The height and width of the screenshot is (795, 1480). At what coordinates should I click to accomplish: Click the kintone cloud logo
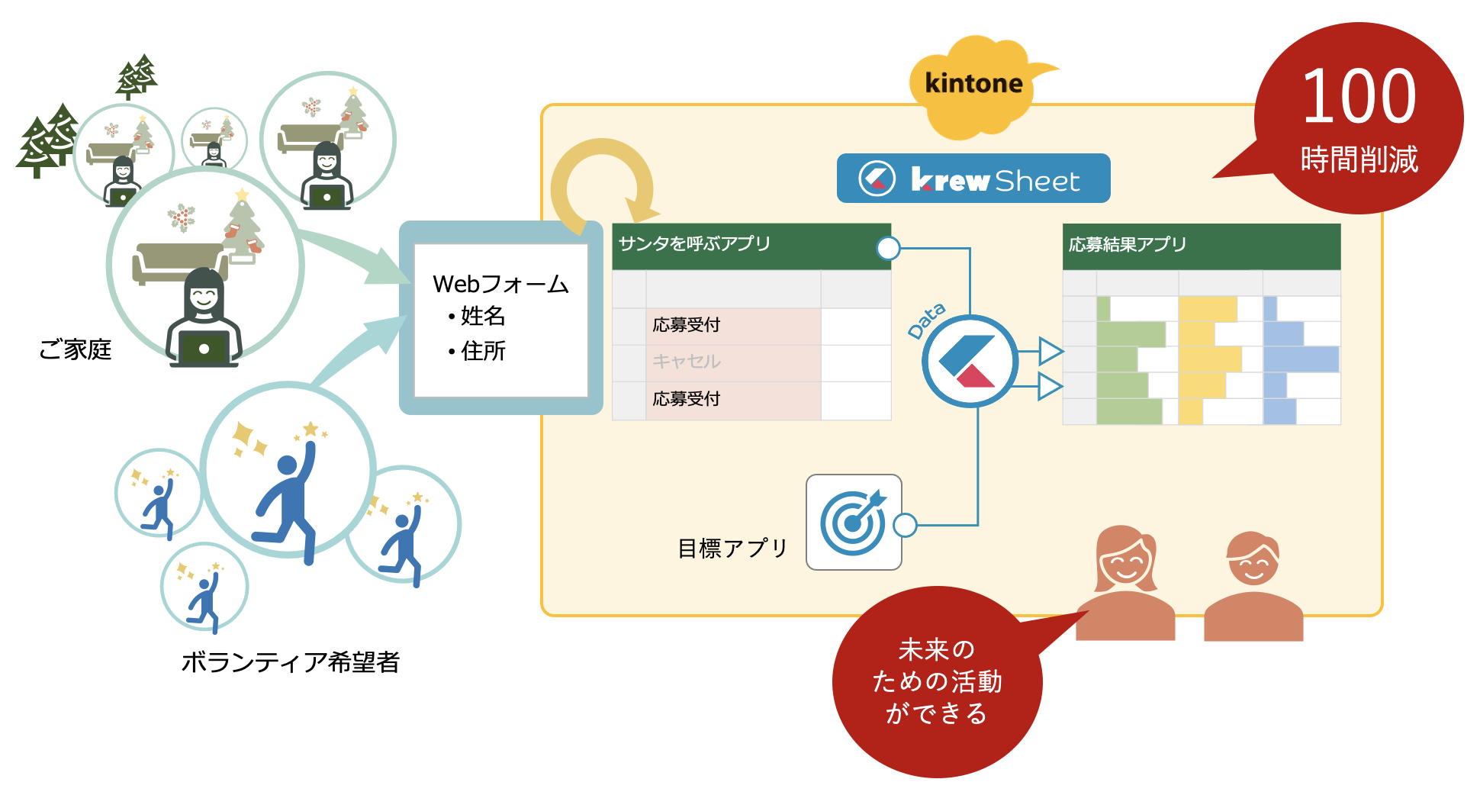coord(973,84)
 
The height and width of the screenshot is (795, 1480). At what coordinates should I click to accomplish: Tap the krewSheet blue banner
coord(973,179)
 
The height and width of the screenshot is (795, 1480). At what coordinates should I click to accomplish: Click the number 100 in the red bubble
coord(1359,97)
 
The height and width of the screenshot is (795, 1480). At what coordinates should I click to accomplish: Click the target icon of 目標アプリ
coord(854,523)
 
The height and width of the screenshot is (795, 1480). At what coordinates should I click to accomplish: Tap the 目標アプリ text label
coord(732,549)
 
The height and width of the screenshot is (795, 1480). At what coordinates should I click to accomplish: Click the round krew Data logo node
coord(969,361)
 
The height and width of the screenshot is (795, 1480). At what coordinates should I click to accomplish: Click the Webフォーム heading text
coord(500,285)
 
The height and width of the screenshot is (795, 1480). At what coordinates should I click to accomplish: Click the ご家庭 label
coord(75,349)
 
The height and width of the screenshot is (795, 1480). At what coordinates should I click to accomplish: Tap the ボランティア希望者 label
coord(290,661)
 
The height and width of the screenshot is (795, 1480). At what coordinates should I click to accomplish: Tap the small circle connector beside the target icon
coord(905,525)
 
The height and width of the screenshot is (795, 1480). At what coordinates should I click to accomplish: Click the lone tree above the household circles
coord(137,76)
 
